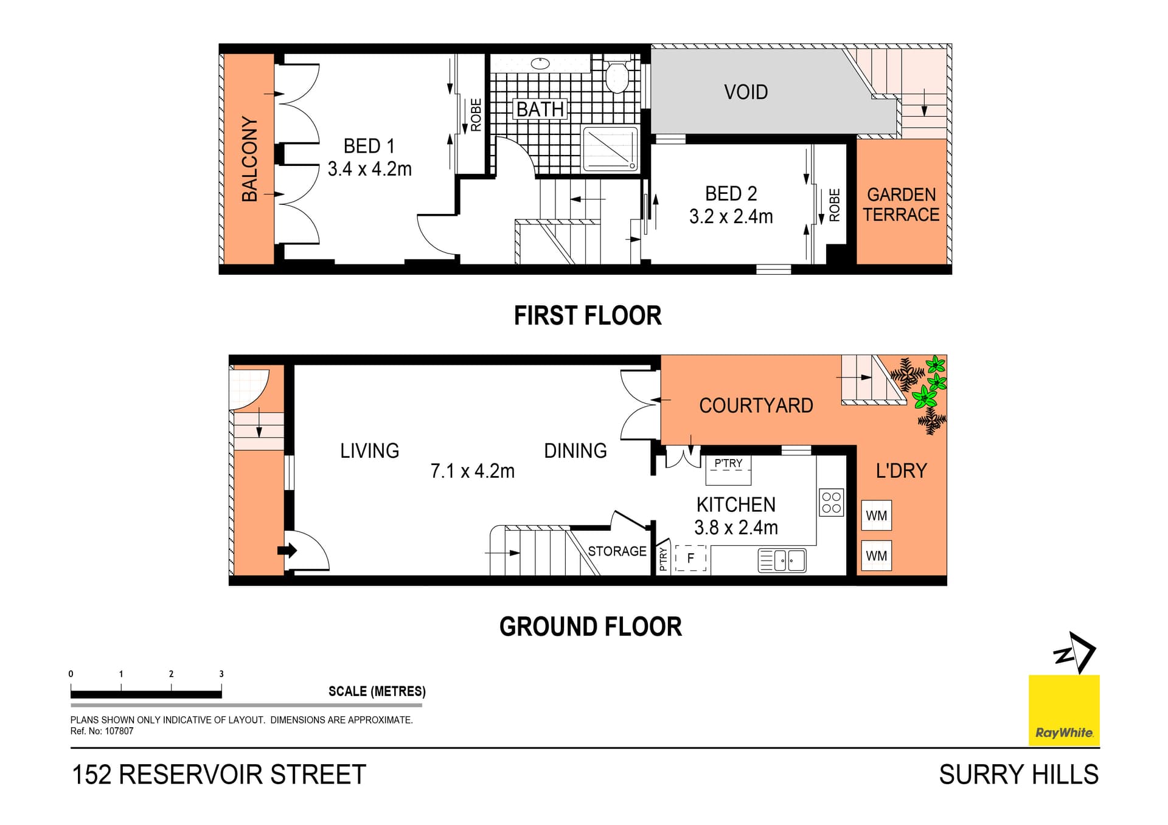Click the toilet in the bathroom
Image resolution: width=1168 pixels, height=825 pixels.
coord(617,76)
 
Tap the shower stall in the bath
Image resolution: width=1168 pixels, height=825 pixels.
coord(610,148)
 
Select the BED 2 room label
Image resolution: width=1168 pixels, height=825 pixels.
coord(731,193)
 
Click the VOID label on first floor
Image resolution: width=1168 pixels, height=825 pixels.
coord(746,92)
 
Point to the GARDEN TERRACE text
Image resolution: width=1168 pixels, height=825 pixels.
coord(901,205)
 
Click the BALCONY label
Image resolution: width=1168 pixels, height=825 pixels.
coord(249,159)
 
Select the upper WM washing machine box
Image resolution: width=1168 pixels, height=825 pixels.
coord(876,516)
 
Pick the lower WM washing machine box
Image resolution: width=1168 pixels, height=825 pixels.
coord(876,556)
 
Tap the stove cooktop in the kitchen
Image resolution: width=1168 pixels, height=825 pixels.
coord(831,503)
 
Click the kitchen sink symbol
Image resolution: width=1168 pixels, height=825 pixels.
coord(782,560)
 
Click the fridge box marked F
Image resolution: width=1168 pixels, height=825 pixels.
coord(690,557)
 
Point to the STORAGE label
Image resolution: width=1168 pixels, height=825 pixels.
coord(617,551)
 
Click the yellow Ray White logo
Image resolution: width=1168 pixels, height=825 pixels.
coord(1064,709)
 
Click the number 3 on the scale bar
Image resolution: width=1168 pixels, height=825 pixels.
coord(221,674)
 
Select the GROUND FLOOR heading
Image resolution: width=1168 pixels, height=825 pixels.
coord(590,627)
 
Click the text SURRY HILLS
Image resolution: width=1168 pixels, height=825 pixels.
coord(1018,775)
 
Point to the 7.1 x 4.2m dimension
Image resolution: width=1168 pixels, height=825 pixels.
coord(472,471)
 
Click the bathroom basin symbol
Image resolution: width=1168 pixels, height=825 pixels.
coord(540,63)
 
